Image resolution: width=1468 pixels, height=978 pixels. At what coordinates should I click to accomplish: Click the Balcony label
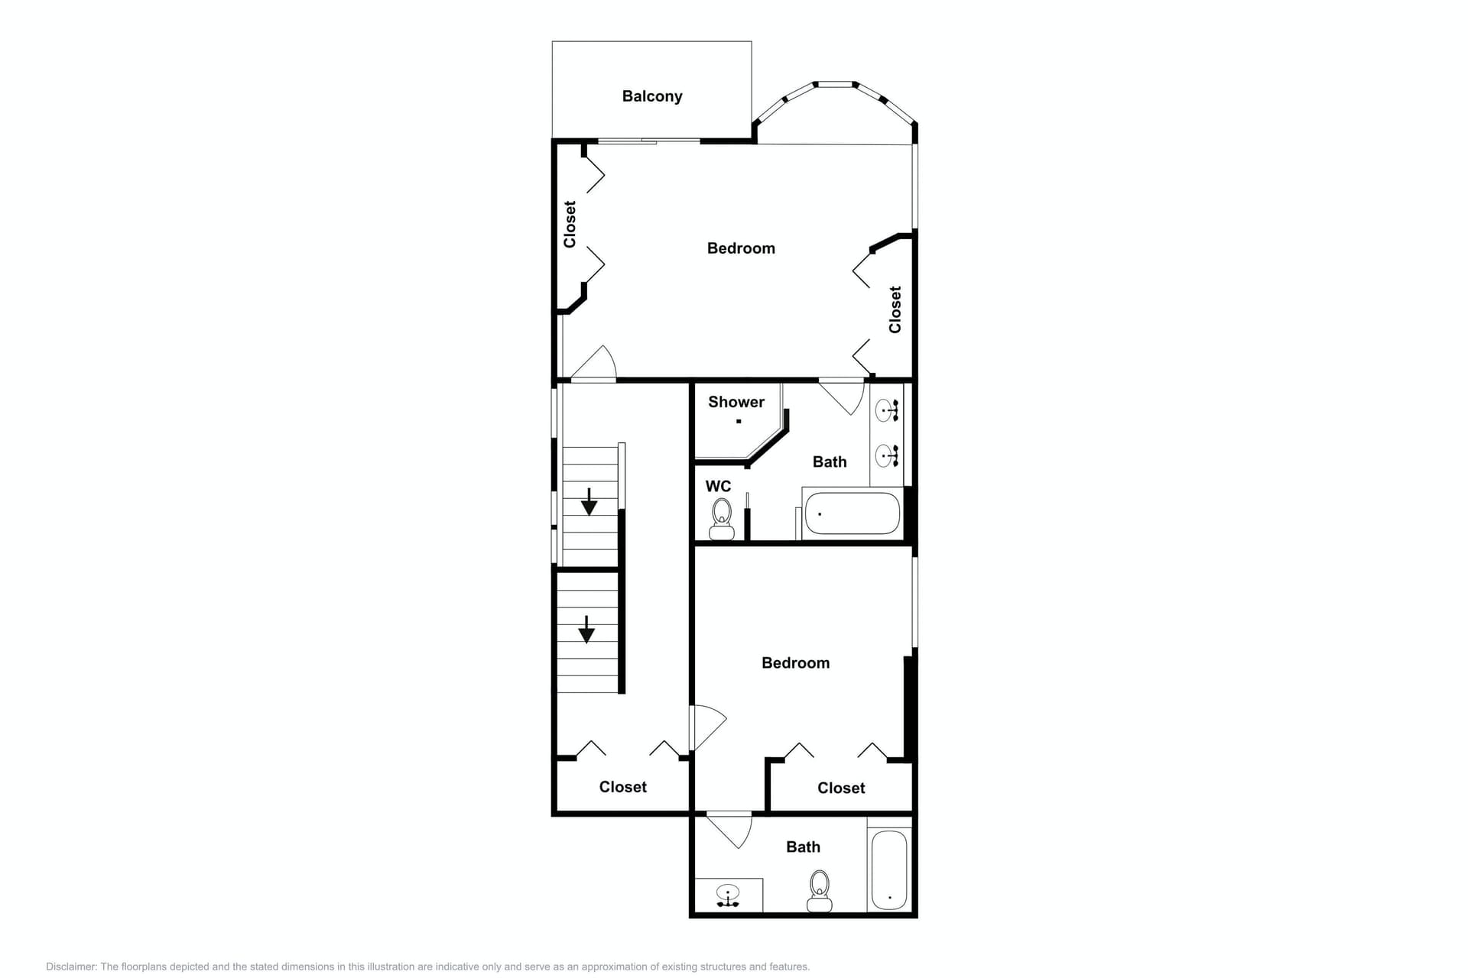click(651, 96)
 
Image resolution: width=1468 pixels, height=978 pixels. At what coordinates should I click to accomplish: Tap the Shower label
click(736, 402)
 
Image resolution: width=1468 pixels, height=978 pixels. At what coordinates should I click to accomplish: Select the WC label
click(718, 486)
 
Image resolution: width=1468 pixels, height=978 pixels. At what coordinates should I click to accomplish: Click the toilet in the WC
click(722, 519)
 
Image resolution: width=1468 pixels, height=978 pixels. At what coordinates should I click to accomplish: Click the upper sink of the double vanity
click(885, 410)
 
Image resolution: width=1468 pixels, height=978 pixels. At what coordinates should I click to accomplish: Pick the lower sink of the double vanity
click(885, 455)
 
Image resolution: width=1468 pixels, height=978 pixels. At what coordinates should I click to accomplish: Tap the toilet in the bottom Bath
click(820, 891)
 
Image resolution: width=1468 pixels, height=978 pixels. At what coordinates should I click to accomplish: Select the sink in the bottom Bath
click(728, 895)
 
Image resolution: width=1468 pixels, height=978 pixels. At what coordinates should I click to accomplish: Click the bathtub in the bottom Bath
click(889, 870)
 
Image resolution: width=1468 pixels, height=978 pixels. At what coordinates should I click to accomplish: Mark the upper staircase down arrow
click(589, 502)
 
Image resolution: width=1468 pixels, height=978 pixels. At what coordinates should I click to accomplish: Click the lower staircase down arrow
click(586, 630)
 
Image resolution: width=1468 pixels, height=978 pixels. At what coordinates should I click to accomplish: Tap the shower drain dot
click(739, 421)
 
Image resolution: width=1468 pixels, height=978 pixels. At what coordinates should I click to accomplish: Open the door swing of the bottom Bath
click(730, 831)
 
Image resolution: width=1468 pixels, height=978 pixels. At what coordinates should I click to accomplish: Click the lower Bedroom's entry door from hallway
click(707, 728)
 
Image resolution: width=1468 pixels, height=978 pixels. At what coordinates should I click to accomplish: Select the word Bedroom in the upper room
click(741, 248)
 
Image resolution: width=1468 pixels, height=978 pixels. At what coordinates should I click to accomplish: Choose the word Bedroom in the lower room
click(795, 663)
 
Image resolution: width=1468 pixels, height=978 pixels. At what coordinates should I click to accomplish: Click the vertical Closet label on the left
click(570, 224)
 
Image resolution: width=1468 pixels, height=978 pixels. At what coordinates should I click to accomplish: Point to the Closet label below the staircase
click(622, 787)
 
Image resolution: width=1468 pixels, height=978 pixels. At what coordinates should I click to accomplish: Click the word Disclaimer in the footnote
click(70, 967)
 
